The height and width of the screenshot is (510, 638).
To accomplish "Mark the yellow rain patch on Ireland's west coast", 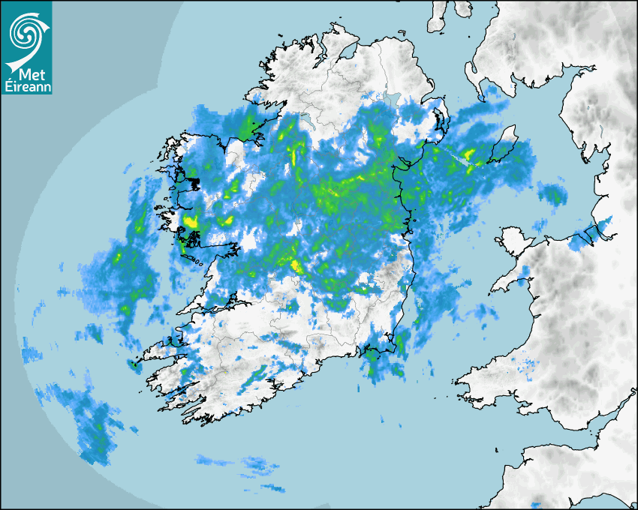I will point(190,221).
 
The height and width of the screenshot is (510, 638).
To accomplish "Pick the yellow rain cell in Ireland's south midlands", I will point(296,265).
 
